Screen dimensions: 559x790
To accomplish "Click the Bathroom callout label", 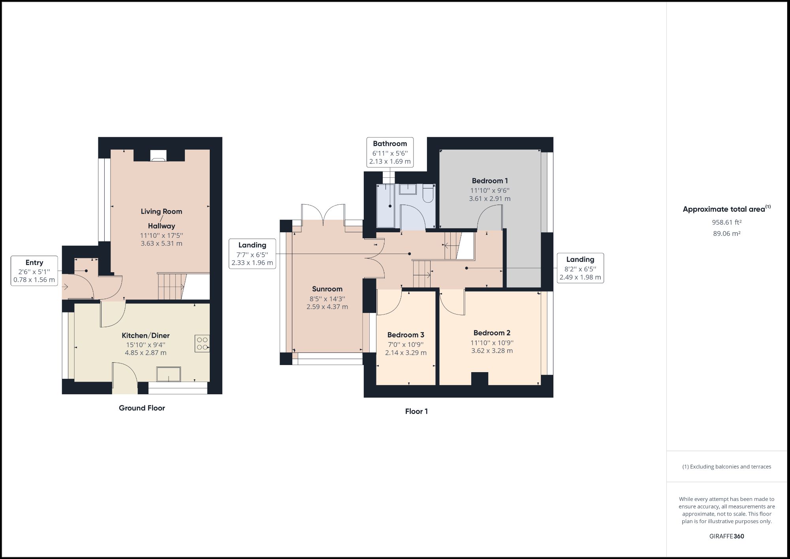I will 390,152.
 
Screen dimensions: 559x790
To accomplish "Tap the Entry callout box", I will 34,271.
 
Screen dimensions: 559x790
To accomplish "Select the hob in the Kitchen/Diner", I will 202,343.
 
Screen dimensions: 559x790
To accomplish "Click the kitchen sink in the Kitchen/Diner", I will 169,374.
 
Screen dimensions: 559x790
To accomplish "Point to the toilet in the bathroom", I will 428,194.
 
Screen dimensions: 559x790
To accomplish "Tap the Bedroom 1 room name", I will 490,181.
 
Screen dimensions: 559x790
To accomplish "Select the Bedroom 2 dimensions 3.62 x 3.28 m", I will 492,351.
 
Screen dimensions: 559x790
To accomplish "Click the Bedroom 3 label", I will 406,335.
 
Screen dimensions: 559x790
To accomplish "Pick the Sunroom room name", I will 327,289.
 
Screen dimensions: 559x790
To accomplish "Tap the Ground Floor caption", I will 142,408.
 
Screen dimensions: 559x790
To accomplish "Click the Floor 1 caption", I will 416,411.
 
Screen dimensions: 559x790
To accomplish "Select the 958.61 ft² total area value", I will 726,222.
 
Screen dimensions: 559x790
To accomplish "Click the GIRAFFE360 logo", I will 726,536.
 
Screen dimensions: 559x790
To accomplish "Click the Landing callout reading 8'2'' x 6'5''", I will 580,268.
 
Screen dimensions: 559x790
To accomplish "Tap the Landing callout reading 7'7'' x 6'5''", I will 252,254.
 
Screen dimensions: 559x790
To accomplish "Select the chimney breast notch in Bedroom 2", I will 480,378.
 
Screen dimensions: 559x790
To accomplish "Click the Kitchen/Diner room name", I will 145,335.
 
